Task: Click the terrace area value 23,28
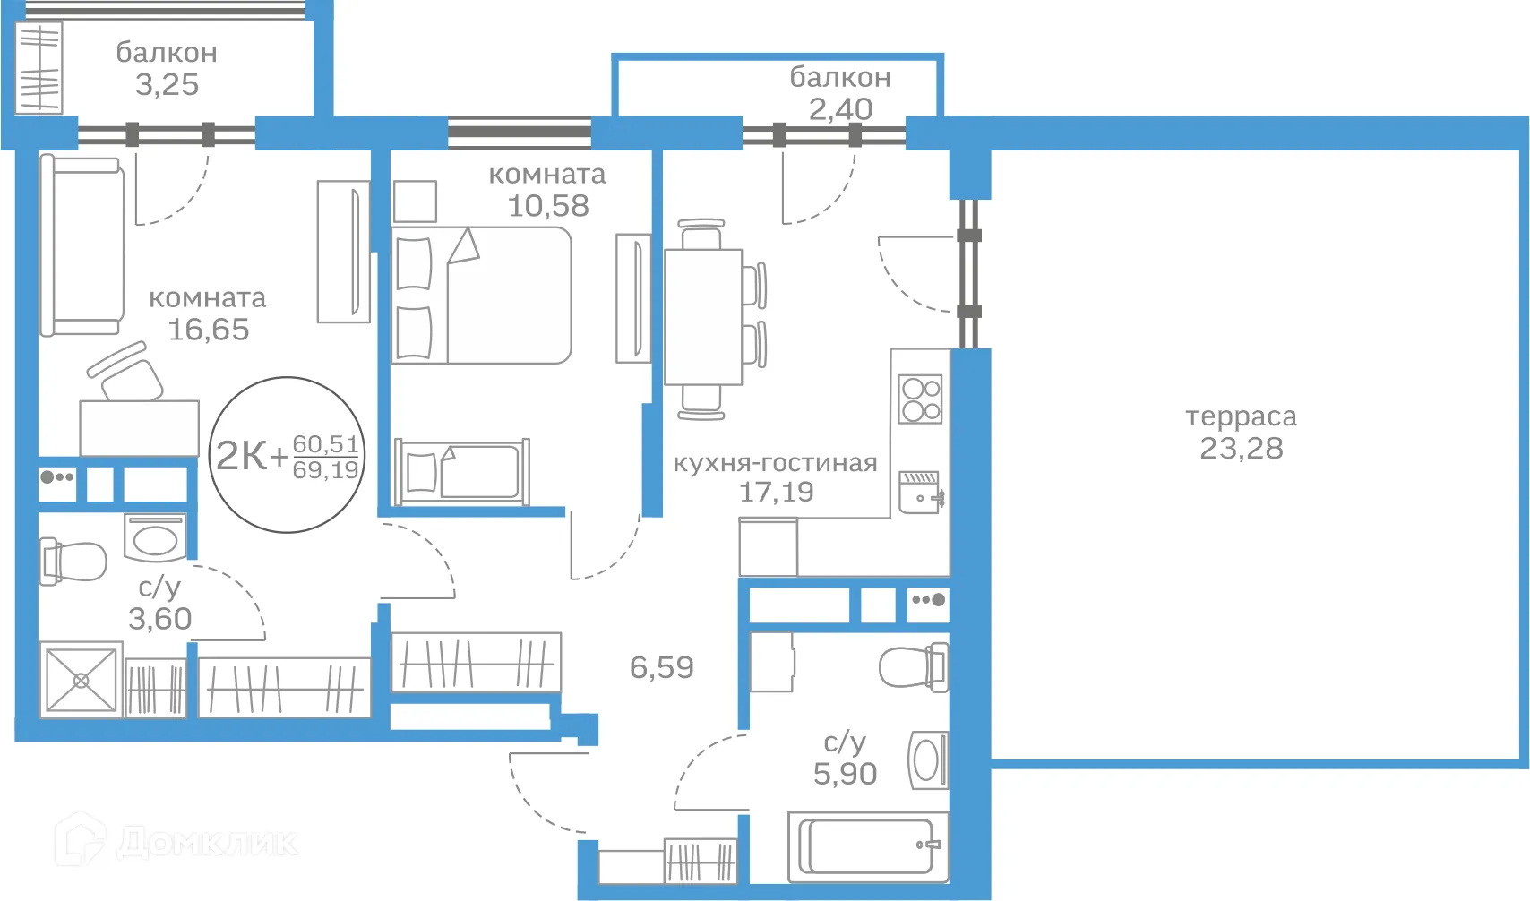(1241, 449)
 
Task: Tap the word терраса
(1241, 416)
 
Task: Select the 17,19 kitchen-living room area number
(777, 492)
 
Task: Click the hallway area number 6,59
(661, 667)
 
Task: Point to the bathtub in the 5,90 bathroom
(868, 847)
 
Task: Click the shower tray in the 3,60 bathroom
(82, 680)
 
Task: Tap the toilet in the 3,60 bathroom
(73, 562)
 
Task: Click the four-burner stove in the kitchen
(920, 399)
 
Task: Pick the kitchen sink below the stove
(921, 492)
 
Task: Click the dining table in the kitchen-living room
(703, 317)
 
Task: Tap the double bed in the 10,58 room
(482, 295)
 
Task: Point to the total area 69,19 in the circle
(325, 470)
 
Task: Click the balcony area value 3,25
(168, 85)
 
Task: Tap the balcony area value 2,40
(841, 109)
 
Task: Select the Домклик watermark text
(207, 843)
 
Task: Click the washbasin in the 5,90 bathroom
(928, 760)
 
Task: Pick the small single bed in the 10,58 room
(461, 472)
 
